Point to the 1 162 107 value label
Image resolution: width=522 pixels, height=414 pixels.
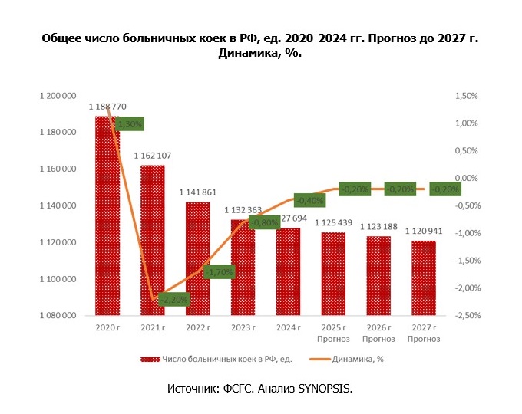coord(152,156)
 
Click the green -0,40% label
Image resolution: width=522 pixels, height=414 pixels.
coord(309,200)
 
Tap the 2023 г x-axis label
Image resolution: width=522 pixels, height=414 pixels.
coord(243,329)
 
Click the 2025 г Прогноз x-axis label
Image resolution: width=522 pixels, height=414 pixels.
coord(333,333)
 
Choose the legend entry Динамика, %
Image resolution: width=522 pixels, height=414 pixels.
coord(354,359)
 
